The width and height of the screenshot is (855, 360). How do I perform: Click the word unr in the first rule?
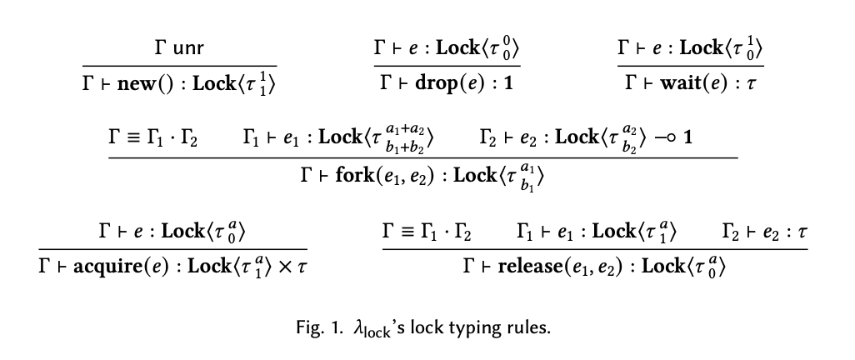[187, 48]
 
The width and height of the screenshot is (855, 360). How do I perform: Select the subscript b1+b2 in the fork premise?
[405, 146]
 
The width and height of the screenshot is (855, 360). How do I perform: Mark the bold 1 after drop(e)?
[508, 83]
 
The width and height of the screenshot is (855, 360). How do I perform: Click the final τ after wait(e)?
[752, 84]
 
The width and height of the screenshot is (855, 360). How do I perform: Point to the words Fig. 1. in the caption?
[320, 327]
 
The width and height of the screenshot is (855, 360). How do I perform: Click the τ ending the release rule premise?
[802, 232]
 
